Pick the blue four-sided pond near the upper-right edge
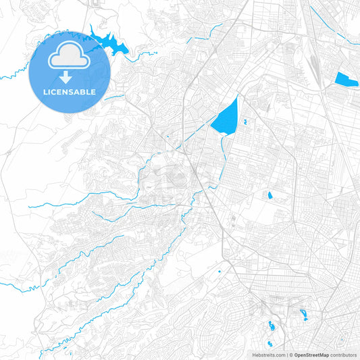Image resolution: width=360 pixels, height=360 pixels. pos(345,79)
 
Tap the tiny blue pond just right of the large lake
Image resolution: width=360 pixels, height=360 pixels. pos(245,122)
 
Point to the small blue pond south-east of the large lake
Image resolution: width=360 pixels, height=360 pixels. pos(270,196)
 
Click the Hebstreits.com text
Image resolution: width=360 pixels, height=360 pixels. pos(269,355)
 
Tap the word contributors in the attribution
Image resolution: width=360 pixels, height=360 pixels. pos(343,355)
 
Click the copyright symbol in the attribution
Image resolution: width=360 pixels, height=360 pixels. pos(291,355)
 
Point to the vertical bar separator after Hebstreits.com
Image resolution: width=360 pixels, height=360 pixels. pos(286,355)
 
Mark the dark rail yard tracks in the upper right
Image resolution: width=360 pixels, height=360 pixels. pos(315,64)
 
